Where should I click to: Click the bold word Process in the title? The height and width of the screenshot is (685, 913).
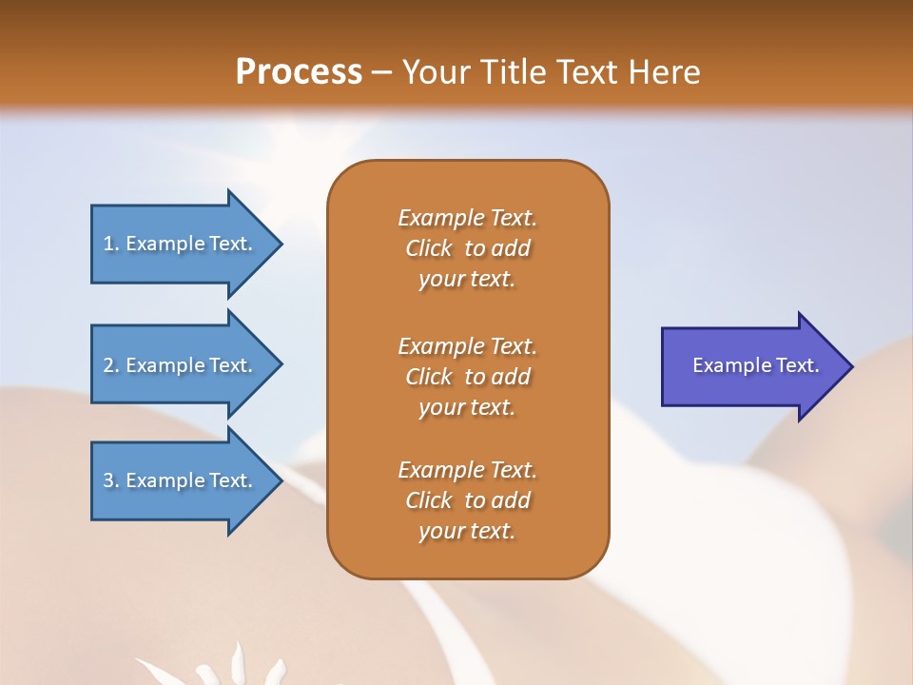coord(298,72)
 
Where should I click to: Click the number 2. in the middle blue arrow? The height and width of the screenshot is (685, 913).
coord(111,365)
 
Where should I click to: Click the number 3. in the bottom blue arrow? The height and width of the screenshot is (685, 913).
coord(111,480)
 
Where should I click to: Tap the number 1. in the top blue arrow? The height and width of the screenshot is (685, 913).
coord(111,244)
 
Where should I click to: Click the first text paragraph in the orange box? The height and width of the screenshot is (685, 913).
coord(467,248)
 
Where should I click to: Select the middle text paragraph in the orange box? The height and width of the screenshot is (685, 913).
coord(467,377)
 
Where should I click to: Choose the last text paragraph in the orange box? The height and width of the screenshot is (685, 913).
coord(467,500)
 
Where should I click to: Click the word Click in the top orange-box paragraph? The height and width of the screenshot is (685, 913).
coord(428,248)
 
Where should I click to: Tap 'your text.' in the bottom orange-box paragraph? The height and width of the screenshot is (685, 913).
coord(467,531)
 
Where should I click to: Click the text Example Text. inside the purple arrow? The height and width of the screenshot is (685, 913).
coord(755,365)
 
